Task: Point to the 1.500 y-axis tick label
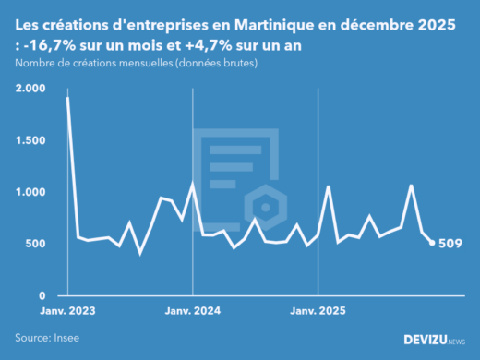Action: pyautogui.click(x=30, y=140)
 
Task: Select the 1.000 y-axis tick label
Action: pyautogui.click(x=30, y=192)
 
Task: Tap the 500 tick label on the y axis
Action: pyautogui.click(x=34, y=244)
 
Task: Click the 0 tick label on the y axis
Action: pyautogui.click(x=42, y=295)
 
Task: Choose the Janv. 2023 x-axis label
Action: pyautogui.click(x=66, y=311)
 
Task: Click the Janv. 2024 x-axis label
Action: pyautogui.click(x=192, y=311)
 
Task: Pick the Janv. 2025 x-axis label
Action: pyautogui.click(x=317, y=311)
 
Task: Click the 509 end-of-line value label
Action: pyautogui.click(x=451, y=244)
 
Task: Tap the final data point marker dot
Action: pyautogui.click(x=433, y=243)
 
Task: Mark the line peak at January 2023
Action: pyautogui.click(x=67, y=98)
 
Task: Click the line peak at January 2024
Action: pyautogui.click(x=192, y=184)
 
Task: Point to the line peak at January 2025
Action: pyautogui.click(x=328, y=186)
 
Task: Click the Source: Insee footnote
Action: pyautogui.click(x=46, y=338)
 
